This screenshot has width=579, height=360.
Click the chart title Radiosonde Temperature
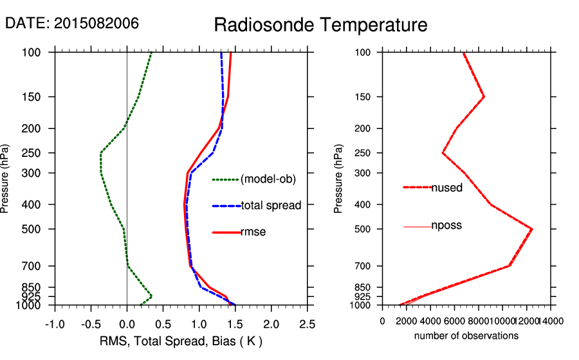pyautogui.click(x=320, y=25)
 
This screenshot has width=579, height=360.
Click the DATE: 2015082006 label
pyautogui.click(x=72, y=23)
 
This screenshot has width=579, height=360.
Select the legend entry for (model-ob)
pyautogui.click(x=268, y=179)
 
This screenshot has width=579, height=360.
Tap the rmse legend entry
pyautogui.click(x=253, y=232)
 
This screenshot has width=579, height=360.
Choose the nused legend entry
pyautogui.click(x=447, y=187)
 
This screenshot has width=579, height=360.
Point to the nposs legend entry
pyautogui.click(x=446, y=226)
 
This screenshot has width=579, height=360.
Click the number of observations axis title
pyautogui.click(x=466, y=336)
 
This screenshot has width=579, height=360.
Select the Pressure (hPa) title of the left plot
pyautogui.click(x=6, y=179)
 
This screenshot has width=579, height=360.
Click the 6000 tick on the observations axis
pyautogui.click(x=455, y=321)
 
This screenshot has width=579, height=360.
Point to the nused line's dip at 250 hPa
pyautogui.click(x=443, y=153)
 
